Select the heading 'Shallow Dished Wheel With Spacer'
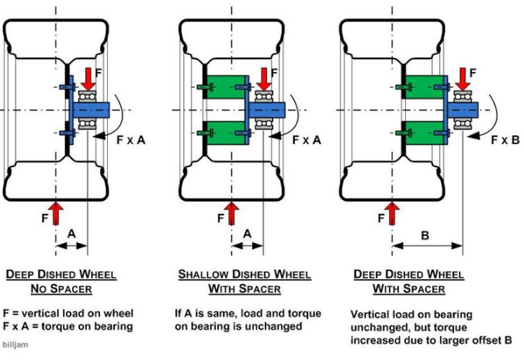(x=243, y=282)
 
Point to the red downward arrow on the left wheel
(x=87, y=75)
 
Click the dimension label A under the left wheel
(x=72, y=233)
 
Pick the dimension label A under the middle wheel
(x=247, y=233)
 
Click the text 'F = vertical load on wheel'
(x=67, y=312)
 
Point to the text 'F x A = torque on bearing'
(x=68, y=326)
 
